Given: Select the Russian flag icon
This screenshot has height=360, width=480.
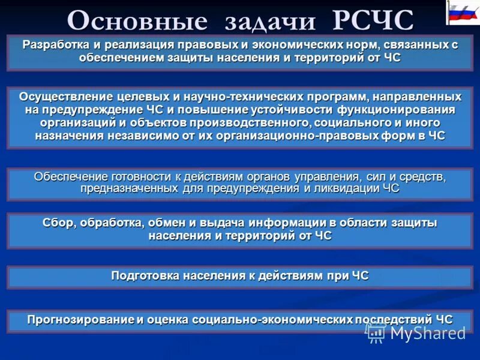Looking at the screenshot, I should (463, 13).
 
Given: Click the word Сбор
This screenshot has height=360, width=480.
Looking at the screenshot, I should (57, 223).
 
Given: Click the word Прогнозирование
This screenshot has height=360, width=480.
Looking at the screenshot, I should (79, 319).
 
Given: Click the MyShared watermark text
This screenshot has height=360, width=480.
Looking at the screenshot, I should (428, 332).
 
